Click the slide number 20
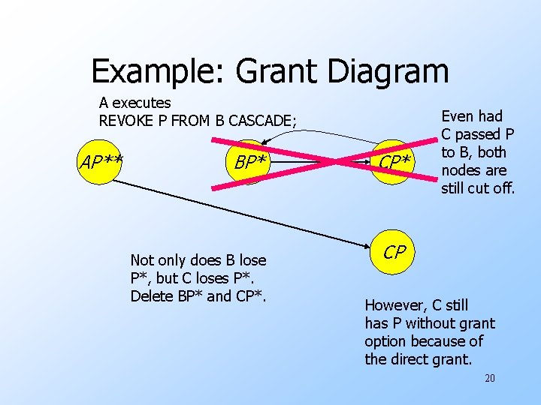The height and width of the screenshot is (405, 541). [x=489, y=378]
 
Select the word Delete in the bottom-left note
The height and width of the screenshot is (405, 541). [x=150, y=296]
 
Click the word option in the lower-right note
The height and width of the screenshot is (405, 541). [x=386, y=341]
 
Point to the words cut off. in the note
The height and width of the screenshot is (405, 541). [x=491, y=188]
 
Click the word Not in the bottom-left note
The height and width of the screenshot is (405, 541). [x=141, y=260]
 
